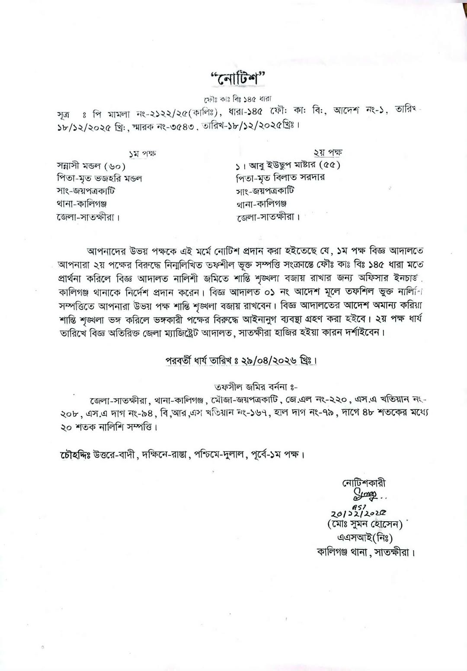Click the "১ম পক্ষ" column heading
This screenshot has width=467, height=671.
tap(142, 153)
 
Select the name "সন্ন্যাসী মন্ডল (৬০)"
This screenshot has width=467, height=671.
tap(92, 166)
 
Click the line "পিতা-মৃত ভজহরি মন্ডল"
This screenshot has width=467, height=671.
tap(99, 178)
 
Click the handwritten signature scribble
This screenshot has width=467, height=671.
tap(366, 494)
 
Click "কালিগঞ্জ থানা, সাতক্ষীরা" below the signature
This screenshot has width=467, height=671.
tap(365, 552)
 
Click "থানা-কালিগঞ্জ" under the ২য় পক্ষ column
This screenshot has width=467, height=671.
tap(261, 203)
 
